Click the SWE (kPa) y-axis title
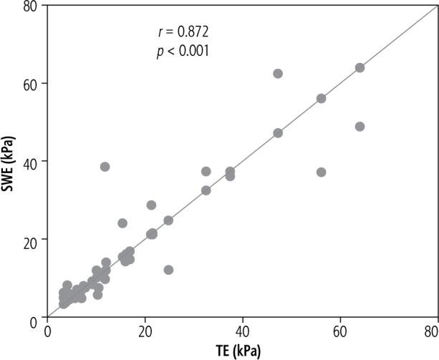(10, 162)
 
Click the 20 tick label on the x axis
(145, 331)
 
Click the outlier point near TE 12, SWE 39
(105, 167)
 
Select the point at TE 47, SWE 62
(278, 74)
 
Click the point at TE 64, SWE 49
(360, 127)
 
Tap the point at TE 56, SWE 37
(321, 172)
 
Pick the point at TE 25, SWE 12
(168, 270)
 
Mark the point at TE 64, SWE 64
(360, 68)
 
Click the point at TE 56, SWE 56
(321, 99)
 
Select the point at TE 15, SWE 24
(122, 223)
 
